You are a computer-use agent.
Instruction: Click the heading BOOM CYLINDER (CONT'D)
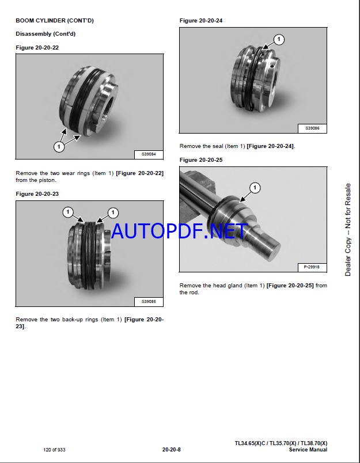(x=55, y=21)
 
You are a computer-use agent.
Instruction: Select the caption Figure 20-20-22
(x=37, y=48)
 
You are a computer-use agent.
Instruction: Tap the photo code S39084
(x=149, y=154)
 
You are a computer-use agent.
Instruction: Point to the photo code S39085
(x=149, y=302)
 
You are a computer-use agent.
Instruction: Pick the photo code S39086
(x=312, y=128)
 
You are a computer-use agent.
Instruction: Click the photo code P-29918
(x=312, y=267)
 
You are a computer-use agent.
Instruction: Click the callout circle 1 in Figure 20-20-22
(x=59, y=146)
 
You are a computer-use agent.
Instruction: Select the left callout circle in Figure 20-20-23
(x=68, y=212)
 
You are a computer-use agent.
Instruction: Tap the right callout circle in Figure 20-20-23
(x=112, y=212)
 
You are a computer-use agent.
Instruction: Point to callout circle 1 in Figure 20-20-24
(x=278, y=39)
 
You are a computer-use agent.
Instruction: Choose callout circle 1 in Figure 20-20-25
(x=255, y=188)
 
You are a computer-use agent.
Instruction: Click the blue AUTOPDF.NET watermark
(x=179, y=231)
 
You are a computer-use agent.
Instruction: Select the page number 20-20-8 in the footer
(x=171, y=450)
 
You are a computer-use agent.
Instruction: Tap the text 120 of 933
(x=54, y=450)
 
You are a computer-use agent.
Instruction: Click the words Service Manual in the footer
(x=308, y=450)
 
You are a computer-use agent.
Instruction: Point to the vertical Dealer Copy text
(x=348, y=230)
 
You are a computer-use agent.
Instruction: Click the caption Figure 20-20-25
(x=201, y=160)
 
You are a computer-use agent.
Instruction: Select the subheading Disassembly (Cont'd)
(x=46, y=34)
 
